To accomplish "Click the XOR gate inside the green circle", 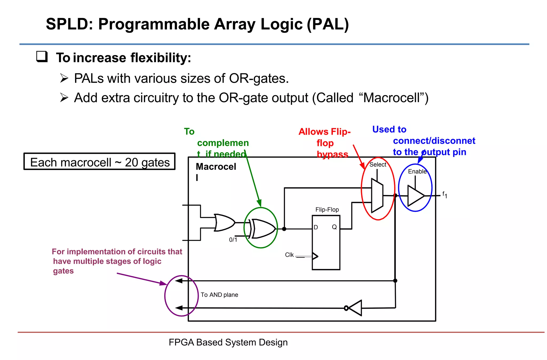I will coord(263,229).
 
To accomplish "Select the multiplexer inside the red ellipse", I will coord(377,196).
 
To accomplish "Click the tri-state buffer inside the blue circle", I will coord(415,196).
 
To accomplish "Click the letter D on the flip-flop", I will coord(316,227).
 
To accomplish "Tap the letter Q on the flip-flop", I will coord(334,227).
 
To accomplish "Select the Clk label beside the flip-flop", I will coord(289,255).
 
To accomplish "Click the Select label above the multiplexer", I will coord(378,165).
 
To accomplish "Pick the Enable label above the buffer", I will coord(417,172).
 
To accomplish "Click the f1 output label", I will coord(444,195).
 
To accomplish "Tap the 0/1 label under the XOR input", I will coord(233,240).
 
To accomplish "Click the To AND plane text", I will coord(219,295).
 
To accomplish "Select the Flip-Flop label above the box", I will coord(327,210).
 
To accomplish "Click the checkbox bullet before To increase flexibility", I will coord(42,57).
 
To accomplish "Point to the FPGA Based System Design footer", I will coord(228,342).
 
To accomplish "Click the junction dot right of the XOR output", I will coord(284,229).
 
